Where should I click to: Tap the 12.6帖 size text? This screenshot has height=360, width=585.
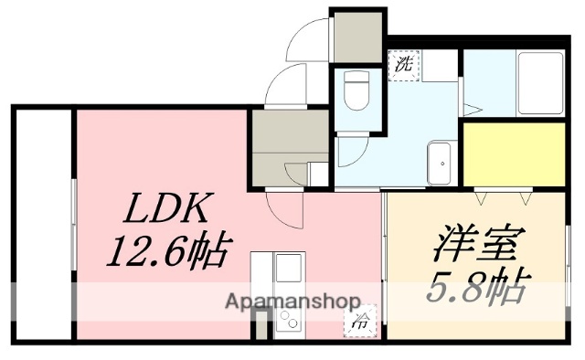(169, 250)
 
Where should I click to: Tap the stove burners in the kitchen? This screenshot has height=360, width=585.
(288, 321)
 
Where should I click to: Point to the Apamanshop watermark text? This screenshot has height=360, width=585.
(290, 303)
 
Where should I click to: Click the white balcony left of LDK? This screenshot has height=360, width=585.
(42, 224)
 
